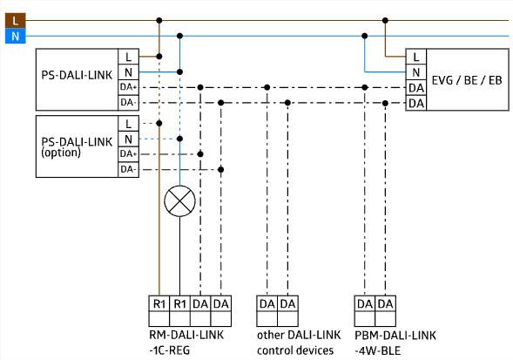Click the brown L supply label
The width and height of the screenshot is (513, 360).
(16, 21)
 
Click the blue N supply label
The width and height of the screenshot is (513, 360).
(16, 36)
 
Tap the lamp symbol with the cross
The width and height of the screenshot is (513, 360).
(179, 201)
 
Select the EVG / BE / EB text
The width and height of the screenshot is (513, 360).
(467, 80)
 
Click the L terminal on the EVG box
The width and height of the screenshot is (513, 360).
(415, 57)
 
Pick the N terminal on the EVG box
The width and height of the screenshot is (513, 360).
(415, 72)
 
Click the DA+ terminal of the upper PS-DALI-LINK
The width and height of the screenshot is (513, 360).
(128, 87)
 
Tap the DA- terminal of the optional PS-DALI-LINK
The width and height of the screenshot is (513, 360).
(128, 169)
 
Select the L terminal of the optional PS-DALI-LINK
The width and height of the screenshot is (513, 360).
(128, 124)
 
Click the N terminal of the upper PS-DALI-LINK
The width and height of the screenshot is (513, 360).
(128, 72)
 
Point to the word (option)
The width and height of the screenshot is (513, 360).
(61, 153)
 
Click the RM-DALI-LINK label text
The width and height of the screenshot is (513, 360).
(186, 335)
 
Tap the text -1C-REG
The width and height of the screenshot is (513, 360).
(170, 350)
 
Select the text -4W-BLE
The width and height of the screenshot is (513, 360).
(378, 350)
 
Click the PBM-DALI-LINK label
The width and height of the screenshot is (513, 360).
(395, 335)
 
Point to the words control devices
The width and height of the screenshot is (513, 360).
(295, 350)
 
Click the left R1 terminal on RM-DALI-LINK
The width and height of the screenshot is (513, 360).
(159, 303)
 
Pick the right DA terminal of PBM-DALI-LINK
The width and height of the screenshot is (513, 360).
(386, 303)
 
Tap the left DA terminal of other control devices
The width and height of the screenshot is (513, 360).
(267, 303)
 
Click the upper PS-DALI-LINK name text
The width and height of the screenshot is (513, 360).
(77, 75)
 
